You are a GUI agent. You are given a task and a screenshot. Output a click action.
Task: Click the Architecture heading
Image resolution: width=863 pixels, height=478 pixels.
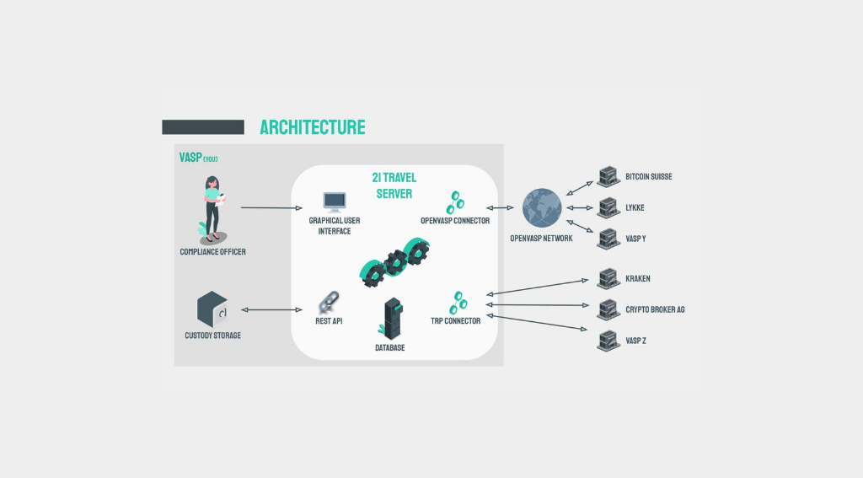pos(313,127)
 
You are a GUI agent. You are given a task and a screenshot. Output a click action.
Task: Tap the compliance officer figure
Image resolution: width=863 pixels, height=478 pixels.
pos(212,210)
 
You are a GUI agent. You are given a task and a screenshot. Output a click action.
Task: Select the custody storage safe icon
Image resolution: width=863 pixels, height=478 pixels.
pos(212,309)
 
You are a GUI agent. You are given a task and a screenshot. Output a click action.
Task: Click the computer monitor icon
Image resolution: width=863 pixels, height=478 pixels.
pos(335,202)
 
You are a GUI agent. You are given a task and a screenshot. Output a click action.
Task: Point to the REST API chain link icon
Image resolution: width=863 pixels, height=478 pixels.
pos(330,303)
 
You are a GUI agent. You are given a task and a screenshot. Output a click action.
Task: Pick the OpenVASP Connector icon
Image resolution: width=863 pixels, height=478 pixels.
pos(455,202)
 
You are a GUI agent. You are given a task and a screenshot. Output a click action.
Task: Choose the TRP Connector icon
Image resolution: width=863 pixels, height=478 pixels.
pos(458,303)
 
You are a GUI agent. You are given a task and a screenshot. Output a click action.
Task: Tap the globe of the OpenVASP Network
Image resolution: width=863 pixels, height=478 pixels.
pos(542,208)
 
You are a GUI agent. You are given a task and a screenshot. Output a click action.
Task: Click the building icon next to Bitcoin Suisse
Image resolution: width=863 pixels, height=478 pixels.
pos(608,177)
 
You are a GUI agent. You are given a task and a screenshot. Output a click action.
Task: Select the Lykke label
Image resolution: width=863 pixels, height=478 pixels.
pos(635,207)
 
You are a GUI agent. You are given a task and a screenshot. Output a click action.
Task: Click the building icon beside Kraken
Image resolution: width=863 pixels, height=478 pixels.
pos(608,279)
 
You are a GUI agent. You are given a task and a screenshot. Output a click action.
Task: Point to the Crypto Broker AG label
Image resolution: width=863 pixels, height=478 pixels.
pos(655,309)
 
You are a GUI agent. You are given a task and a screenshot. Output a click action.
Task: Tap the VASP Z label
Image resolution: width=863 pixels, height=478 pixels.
pos(635,341)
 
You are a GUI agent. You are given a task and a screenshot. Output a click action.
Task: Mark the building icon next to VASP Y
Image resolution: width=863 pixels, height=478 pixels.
pos(608,239)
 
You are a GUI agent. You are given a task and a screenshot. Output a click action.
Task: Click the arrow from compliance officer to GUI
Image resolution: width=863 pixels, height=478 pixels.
pos(272,207)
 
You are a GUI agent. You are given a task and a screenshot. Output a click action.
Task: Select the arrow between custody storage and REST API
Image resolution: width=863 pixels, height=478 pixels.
pos(272,309)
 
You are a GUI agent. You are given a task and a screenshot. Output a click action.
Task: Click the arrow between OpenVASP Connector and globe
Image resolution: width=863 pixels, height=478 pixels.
pos(500,207)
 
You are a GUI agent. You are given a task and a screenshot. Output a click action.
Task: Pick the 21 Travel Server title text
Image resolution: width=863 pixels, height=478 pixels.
pos(394,185)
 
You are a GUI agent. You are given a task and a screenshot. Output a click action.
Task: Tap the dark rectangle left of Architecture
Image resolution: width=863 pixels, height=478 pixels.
pos(203,127)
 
